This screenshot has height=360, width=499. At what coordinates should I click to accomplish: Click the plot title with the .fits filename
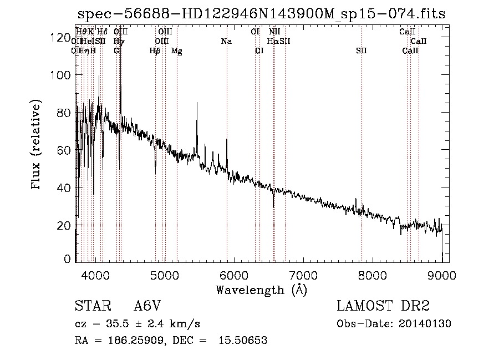(261, 13)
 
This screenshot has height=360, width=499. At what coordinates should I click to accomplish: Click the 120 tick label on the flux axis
(61, 38)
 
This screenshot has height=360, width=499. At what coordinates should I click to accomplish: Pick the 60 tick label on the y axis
(64, 150)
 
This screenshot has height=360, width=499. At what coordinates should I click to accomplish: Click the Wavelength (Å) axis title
(261, 290)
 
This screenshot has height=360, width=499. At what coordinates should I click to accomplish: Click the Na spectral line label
(226, 41)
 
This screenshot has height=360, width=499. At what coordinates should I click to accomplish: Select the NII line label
(274, 32)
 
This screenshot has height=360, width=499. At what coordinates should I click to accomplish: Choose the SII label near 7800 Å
(361, 50)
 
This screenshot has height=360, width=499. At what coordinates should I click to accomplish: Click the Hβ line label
(155, 50)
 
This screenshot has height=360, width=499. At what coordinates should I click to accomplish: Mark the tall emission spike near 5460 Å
(197, 104)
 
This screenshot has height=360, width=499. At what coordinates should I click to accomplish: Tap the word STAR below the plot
(91, 306)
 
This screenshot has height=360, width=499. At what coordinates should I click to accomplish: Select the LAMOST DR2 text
(383, 306)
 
